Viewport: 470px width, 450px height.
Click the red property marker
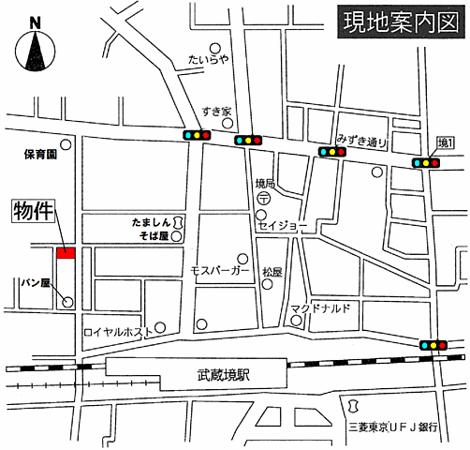tap(66, 253)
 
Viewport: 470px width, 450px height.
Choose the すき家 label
tap(216, 112)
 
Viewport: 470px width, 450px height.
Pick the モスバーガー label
tap(220, 270)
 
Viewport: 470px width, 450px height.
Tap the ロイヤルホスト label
tap(117, 331)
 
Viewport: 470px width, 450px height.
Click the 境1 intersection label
tap(446, 142)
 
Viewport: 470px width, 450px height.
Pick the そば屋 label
tap(150, 238)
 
